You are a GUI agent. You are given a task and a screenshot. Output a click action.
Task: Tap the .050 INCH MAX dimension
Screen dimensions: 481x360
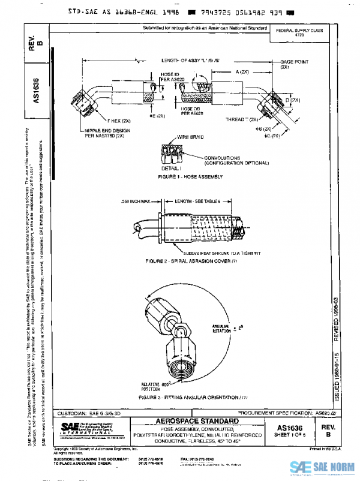click(x=137, y=201)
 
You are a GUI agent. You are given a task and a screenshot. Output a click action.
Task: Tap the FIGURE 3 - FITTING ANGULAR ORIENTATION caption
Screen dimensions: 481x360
click(x=193, y=398)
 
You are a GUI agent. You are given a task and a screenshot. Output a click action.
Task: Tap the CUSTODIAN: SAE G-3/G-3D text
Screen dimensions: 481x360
click(x=87, y=414)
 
